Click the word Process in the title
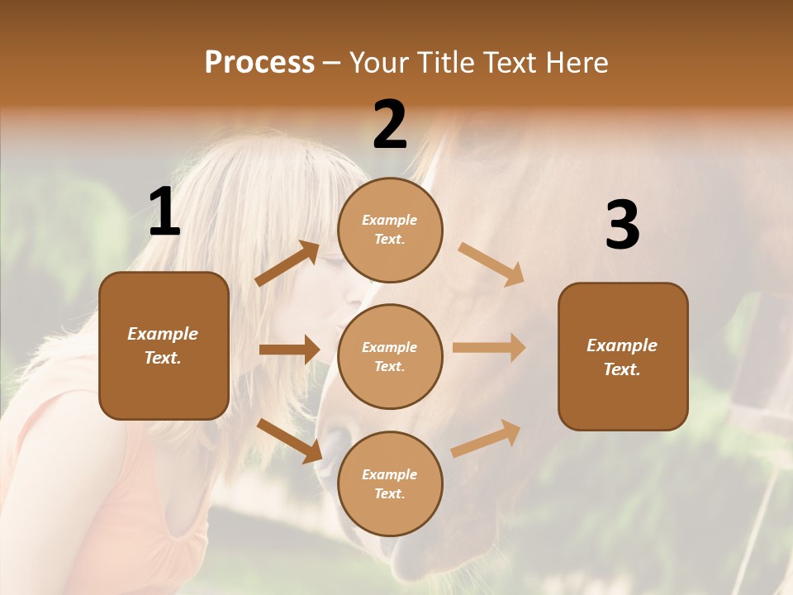click(x=259, y=63)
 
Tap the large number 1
click(x=164, y=212)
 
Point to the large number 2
click(x=390, y=125)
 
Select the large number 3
click(x=622, y=225)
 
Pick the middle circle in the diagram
click(x=390, y=356)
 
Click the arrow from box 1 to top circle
click(x=287, y=264)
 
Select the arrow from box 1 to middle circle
click(x=289, y=350)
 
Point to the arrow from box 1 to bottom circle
click(x=289, y=440)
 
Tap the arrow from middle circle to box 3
click(x=489, y=348)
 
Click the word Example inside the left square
click(x=163, y=334)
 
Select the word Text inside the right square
click(x=621, y=369)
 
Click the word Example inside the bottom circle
click(x=389, y=474)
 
